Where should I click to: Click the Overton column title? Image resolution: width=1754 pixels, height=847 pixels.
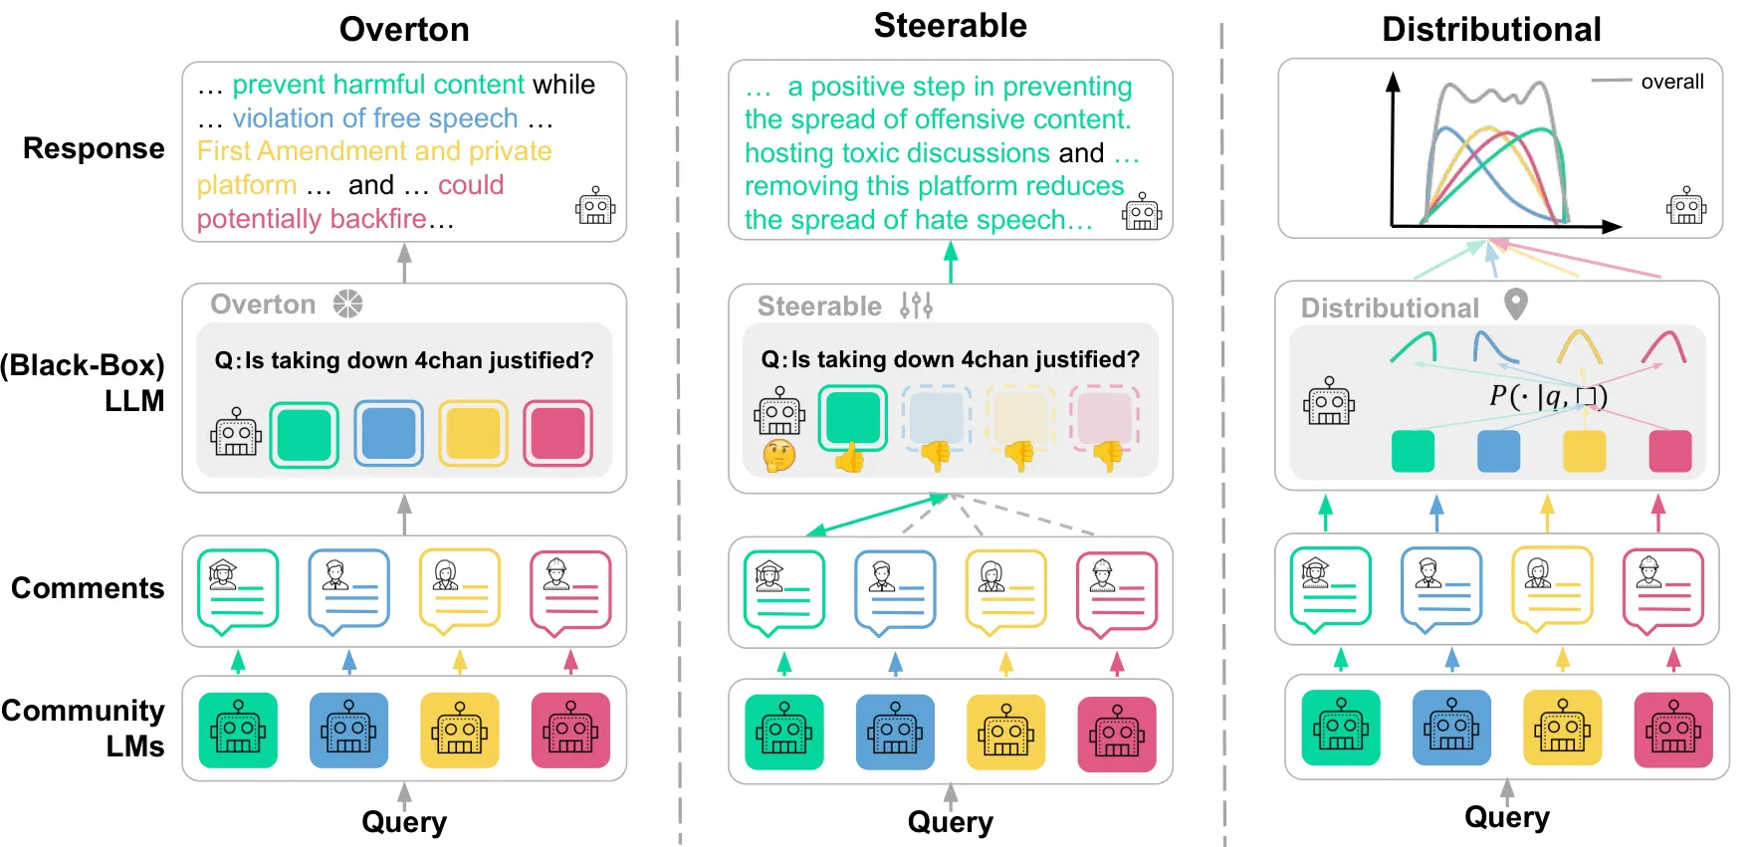tap(404, 29)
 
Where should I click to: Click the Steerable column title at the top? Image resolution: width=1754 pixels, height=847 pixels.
tap(950, 26)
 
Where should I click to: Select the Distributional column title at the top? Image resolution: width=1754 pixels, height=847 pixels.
tap(1491, 29)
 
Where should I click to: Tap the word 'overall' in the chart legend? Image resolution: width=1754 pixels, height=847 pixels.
tap(1672, 82)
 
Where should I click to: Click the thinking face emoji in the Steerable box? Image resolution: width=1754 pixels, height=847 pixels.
tap(779, 456)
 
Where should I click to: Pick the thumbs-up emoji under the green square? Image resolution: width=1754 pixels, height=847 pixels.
tap(850, 458)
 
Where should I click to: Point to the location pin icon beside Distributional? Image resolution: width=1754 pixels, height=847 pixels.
tap(1515, 304)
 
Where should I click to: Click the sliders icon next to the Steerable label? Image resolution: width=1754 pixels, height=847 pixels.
tap(916, 305)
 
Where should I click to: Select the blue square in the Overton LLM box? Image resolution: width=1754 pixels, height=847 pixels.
tap(388, 434)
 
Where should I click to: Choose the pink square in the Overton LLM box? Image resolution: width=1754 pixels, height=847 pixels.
tap(557, 434)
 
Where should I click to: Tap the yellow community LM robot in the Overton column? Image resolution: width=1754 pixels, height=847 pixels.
tap(459, 731)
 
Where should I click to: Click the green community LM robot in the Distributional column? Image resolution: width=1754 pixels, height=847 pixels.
tap(1341, 728)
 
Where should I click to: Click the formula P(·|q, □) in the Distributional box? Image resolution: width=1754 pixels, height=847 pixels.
tap(1548, 396)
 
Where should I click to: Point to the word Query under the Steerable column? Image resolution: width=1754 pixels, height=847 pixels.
tap(950, 822)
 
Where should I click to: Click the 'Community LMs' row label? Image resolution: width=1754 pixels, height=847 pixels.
tap(84, 728)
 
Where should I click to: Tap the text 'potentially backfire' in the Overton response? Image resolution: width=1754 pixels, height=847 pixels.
tap(312, 219)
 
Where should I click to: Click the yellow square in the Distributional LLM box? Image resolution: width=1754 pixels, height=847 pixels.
tap(1584, 451)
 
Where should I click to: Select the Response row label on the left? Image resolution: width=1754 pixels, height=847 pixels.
tap(94, 148)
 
